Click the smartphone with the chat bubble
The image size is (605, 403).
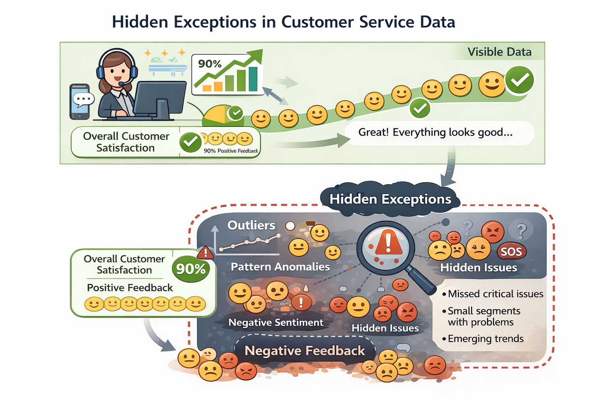click(x=80, y=101)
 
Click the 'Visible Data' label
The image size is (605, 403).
click(x=499, y=52)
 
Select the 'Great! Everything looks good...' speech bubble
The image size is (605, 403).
click(x=435, y=132)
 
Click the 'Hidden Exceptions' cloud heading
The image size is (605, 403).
click(x=390, y=199)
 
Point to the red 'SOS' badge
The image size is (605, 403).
click(x=511, y=251)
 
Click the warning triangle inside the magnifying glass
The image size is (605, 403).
click(x=388, y=243)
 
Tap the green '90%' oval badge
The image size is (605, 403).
click(x=191, y=269)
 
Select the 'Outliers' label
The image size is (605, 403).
click(x=251, y=225)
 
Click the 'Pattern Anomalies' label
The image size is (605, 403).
click(x=280, y=267)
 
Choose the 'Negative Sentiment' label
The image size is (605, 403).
click(x=276, y=323)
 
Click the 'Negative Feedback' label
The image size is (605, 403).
click(x=304, y=351)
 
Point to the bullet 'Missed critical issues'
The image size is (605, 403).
click(x=495, y=294)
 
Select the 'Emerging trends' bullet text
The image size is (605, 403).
click(x=485, y=339)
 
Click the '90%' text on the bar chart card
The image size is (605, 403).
click(x=209, y=64)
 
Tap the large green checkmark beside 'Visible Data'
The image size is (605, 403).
click(x=520, y=80)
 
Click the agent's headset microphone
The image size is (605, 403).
click(x=121, y=84)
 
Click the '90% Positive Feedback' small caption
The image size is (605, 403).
click(x=230, y=151)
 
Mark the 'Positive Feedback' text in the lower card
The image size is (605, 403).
click(x=130, y=288)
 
